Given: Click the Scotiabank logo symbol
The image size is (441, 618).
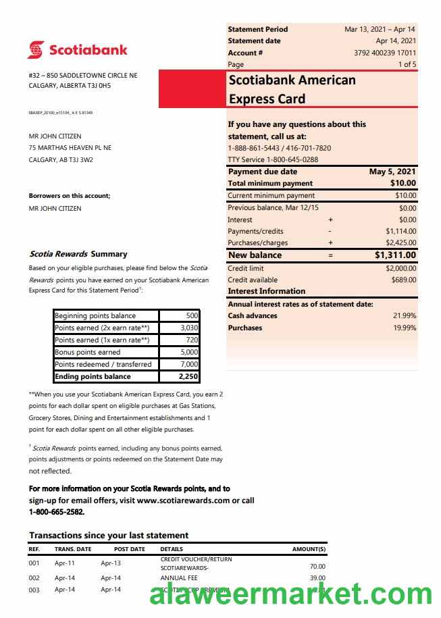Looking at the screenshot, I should pos(36,50).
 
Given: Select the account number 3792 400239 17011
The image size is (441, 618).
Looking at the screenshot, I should pos(385,53).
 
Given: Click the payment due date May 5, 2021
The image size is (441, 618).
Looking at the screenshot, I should pos(392,172).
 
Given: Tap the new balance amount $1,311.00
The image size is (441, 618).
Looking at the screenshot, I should pos(395,255).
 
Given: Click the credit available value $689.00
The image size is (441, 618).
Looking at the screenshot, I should pos(404,280).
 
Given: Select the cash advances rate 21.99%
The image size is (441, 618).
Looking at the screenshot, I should pos(405,315).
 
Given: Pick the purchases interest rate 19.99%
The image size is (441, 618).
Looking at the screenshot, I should pos(405,328).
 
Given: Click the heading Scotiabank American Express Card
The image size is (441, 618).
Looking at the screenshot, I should pos(292,89).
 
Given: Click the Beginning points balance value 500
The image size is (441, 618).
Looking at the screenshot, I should pos(192,315).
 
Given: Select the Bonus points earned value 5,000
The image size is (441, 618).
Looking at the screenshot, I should pos(190,352).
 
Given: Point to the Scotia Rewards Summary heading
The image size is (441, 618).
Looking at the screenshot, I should pos(78,254).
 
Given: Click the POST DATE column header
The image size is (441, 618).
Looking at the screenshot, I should pos(130,549).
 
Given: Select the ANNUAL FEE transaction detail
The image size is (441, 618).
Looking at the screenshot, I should pos(178,578).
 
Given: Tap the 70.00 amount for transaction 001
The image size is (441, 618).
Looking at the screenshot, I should pos(317,567).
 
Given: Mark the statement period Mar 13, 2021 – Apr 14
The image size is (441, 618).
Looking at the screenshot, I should pos(380,29).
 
